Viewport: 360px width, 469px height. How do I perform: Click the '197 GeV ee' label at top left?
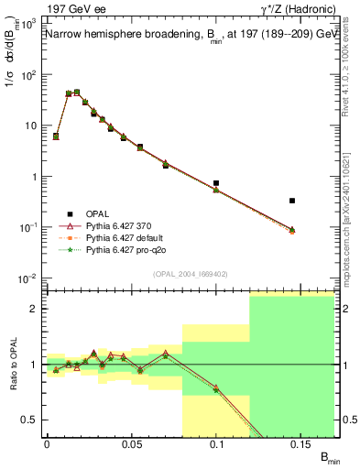71,10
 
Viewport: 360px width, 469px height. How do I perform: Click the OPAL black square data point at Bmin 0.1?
216,183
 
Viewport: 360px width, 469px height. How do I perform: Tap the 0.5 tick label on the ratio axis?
32,420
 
